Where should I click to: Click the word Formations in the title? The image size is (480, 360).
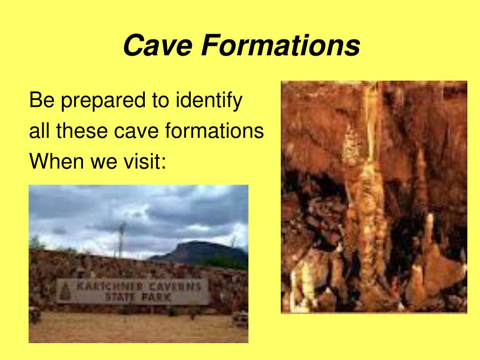[x=281, y=46]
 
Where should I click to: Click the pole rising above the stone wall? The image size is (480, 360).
[x=122, y=239]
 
